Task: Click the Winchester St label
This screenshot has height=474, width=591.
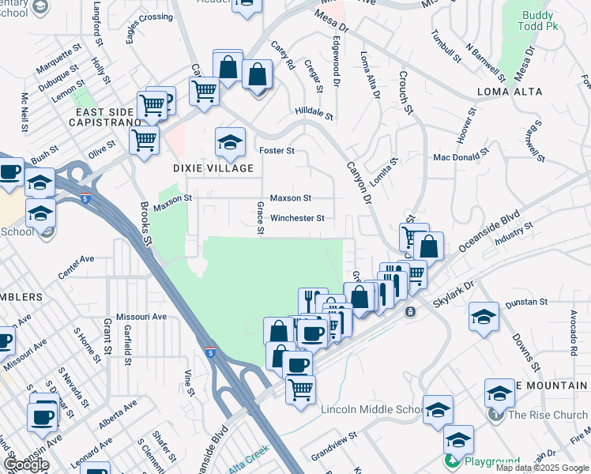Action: (x=297, y=218)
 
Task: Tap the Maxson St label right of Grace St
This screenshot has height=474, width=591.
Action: (x=291, y=198)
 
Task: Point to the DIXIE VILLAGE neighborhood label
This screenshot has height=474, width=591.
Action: (x=213, y=168)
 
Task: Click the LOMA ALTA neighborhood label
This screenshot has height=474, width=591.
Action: (x=510, y=92)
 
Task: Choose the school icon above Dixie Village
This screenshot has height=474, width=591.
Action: (x=229, y=142)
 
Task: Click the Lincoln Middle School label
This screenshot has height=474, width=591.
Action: (x=373, y=409)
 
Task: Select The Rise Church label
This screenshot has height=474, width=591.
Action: (x=548, y=415)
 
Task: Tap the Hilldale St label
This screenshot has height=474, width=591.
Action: (x=314, y=114)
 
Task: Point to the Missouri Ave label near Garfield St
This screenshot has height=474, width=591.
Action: (x=141, y=316)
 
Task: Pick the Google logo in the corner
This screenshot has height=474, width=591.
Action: (x=25, y=465)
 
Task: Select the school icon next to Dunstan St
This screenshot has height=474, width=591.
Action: (x=484, y=317)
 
